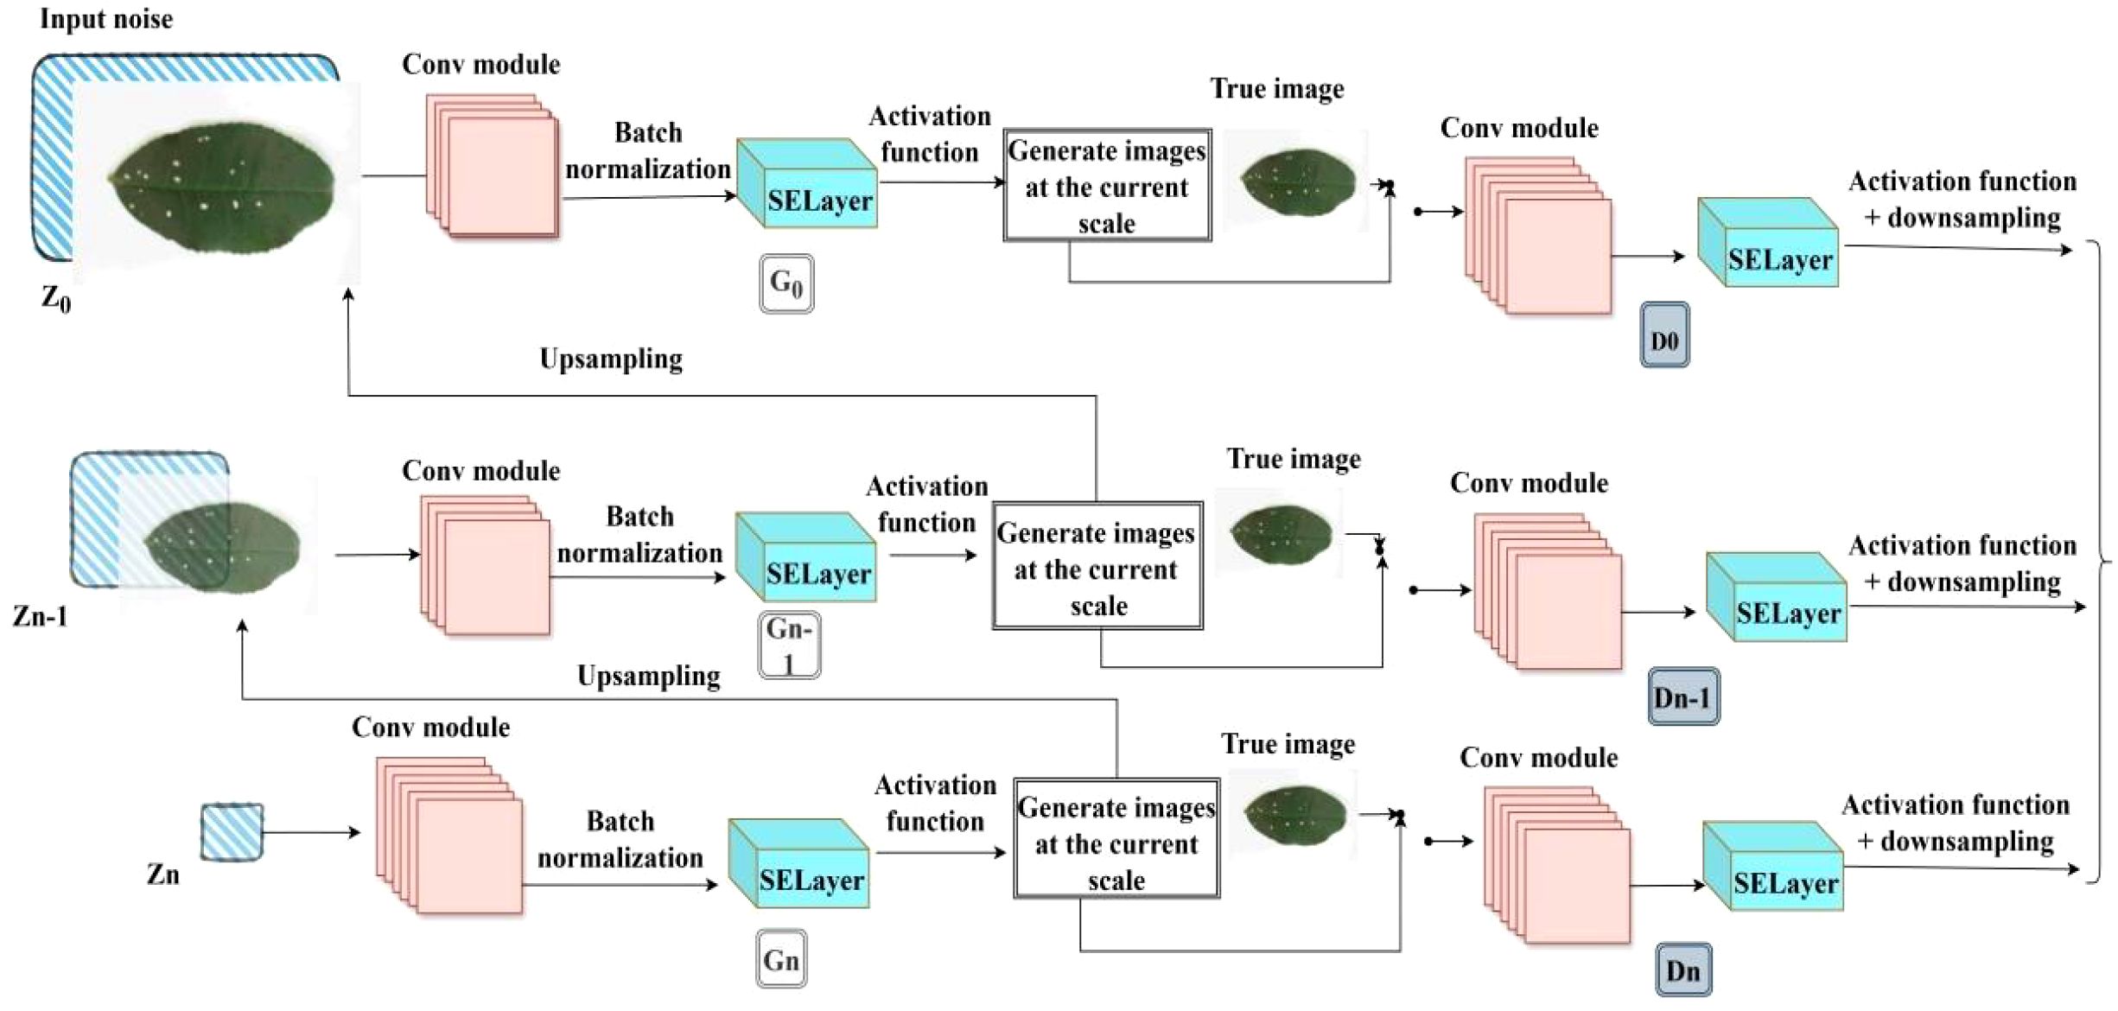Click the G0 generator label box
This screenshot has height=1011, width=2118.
coord(786,283)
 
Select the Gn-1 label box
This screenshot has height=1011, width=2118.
coord(789,645)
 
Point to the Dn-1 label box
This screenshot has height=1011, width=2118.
coord(1683,696)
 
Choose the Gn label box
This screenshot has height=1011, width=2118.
coord(781,959)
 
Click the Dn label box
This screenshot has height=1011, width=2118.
coord(1683,970)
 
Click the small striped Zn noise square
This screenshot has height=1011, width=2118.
coord(232,832)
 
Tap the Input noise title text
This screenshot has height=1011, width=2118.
coord(106,19)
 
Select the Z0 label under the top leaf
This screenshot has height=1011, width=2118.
coord(56,299)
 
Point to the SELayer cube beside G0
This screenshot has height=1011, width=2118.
coord(807,184)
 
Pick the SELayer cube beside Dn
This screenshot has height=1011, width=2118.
coord(1773,866)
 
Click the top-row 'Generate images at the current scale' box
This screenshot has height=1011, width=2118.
coord(1107,186)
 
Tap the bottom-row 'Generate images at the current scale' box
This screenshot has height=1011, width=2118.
coord(1116,839)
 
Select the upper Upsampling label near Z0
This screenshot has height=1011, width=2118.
coord(611,359)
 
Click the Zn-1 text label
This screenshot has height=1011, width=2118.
coord(41,616)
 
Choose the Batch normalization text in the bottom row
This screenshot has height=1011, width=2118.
coord(620,839)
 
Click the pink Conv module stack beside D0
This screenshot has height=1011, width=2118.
coord(1537,234)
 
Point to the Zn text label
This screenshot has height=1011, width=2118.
coord(162,874)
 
